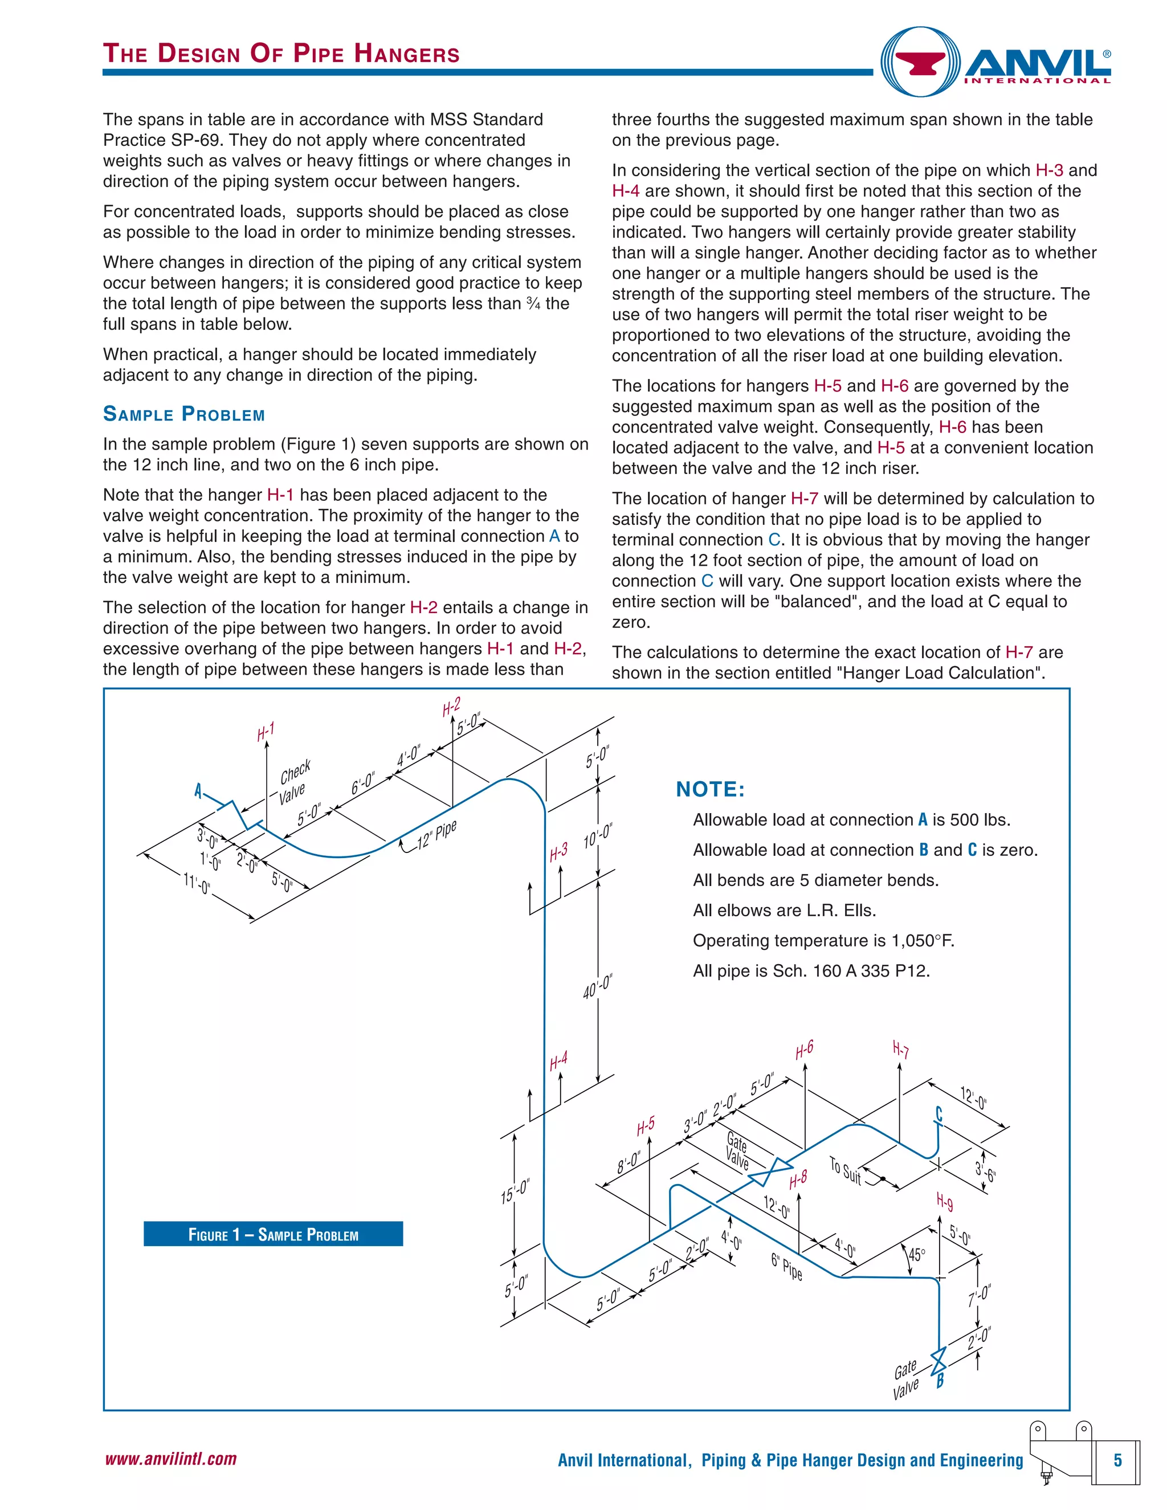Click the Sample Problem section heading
pos(184,414)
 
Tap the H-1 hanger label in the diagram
pos(266,732)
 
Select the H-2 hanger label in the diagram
pos(451,707)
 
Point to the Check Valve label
pos(295,783)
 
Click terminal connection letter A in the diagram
pos(198,790)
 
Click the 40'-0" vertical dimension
pos(597,985)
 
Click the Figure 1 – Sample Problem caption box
pos(273,1234)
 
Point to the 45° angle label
pos(917,1254)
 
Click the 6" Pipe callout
pos(787,1267)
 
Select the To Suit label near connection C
pos(845,1170)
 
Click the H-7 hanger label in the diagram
pos(900,1050)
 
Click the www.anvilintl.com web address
pos(171,1459)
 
